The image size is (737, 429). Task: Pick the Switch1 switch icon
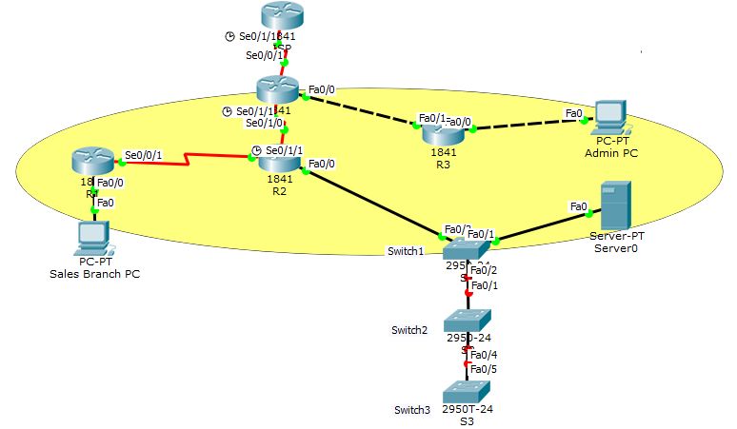pos(467,250)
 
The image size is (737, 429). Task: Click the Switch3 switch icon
pos(467,391)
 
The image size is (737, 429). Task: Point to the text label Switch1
pos(407,250)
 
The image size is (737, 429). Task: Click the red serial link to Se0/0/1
pos(190,157)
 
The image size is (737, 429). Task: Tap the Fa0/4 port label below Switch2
pos(483,355)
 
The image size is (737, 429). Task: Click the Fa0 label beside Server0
pos(577,205)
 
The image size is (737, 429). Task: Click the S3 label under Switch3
pos(467,420)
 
